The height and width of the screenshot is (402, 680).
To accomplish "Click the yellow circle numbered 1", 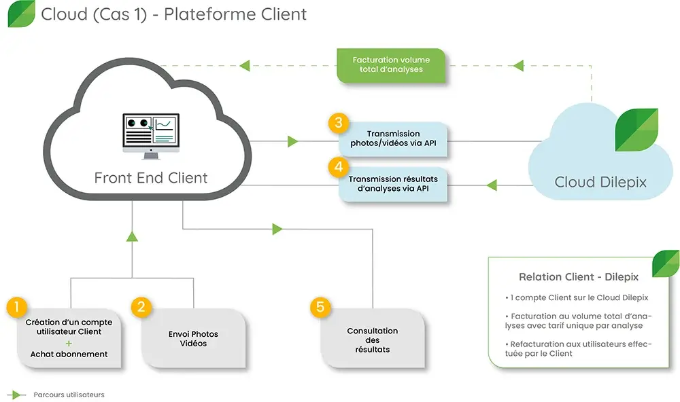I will [x=16, y=306].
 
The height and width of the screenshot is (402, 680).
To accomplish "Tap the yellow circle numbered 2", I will [x=141, y=306].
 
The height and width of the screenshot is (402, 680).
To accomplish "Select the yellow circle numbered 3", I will [x=338, y=124].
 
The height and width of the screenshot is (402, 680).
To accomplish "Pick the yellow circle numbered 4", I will [x=338, y=166].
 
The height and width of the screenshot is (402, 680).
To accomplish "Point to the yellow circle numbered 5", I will [x=321, y=307].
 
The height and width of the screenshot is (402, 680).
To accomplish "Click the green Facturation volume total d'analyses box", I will [x=392, y=65].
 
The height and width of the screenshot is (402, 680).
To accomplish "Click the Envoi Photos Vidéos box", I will [x=194, y=339].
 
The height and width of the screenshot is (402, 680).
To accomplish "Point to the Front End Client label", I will [x=150, y=179].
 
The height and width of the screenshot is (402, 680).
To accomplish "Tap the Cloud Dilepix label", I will [x=600, y=182].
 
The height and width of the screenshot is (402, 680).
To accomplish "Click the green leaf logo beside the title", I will [x=21, y=14].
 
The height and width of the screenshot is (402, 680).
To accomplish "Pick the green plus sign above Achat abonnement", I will [x=69, y=343].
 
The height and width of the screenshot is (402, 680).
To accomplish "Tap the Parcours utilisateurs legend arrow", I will [x=17, y=395].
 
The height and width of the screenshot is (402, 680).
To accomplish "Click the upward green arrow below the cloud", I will [x=132, y=236].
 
